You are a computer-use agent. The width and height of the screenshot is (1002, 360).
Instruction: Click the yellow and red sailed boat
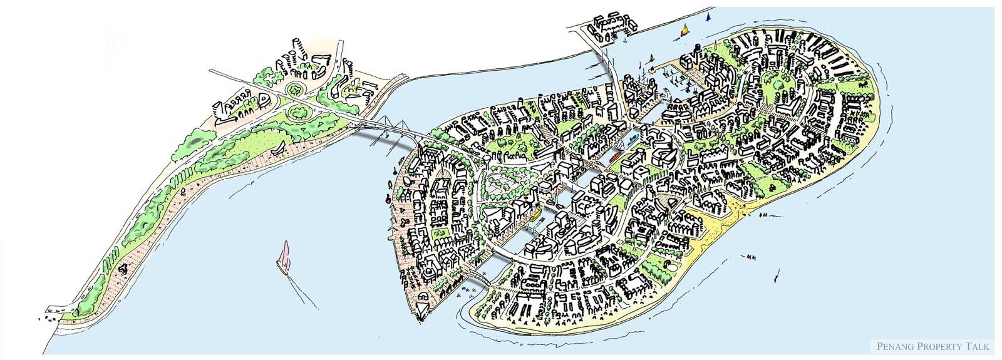(686, 28)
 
